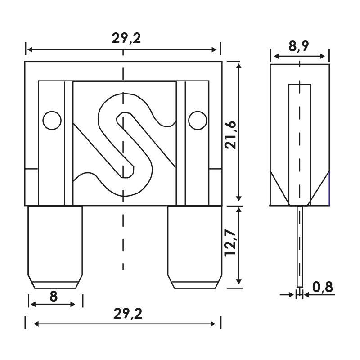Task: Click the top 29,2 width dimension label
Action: click(126, 39)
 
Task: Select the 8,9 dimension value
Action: click(299, 46)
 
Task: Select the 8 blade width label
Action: click(53, 296)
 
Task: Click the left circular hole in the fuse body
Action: click(52, 120)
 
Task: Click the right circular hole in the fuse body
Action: click(198, 120)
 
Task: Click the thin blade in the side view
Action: click(300, 247)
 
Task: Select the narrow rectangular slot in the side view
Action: click(300, 139)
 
